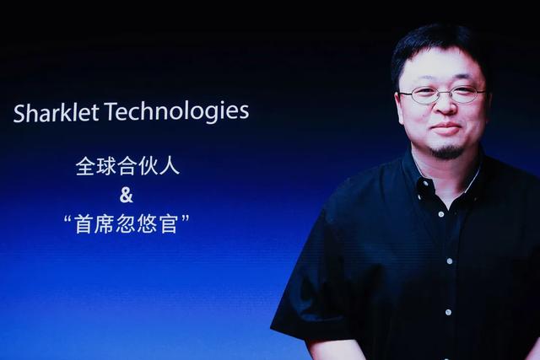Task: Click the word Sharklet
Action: pos(57,112)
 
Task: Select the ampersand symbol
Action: pos(126,195)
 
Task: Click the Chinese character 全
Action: pos(85,166)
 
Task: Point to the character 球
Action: pos(106,166)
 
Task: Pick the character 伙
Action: pos(148,166)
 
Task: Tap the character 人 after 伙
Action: pos(170,166)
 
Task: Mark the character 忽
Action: pos(127,224)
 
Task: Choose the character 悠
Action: pos(148,224)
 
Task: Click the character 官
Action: pos(169,224)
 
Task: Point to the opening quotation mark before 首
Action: pos(68,218)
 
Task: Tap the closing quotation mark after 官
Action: pos(186,218)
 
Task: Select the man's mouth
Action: pos(445,128)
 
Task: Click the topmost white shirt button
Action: pos(426,184)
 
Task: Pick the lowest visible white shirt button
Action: pos(448,313)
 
